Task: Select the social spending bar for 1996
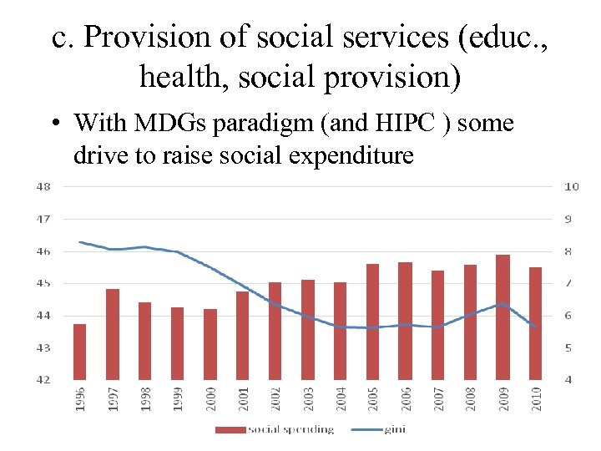pyautogui.click(x=80, y=352)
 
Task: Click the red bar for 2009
pyautogui.click(x=503, y=317)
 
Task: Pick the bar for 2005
pyautogui.click(x=373, y=322)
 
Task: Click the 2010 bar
pyautogui.click(x=535, y=323)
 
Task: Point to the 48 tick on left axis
pyautogui.click(x=42, y=187)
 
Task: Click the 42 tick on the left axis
pyautogui.click(x=42, y=380)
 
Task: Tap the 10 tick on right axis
pyautogui.click(x=571, y=187)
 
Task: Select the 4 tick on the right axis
pyautogui.click(x=568, y=380)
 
